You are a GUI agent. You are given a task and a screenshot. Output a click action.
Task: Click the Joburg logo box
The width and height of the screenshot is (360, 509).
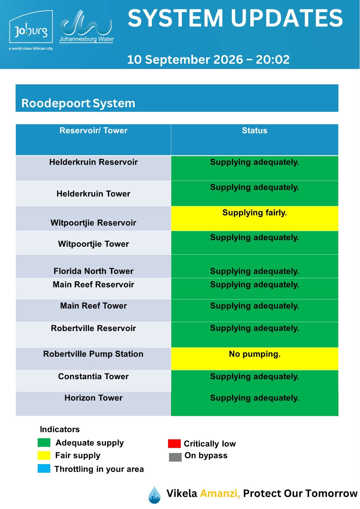[x=31, y=27]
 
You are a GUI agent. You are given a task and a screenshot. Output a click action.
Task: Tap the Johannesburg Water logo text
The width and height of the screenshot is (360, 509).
[x=86, y=39]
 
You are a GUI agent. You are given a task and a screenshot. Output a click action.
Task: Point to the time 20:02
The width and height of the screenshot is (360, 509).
[x=273, y=59]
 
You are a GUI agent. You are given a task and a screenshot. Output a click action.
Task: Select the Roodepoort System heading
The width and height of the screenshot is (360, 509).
[x=78, y=103]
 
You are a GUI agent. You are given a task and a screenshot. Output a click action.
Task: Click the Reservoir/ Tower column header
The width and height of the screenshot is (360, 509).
[x=94, y=130]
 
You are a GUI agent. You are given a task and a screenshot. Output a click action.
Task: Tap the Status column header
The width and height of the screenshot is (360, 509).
[x=254, y=130]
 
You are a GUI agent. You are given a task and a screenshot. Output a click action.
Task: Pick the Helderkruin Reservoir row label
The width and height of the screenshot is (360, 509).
[x=94, y=162]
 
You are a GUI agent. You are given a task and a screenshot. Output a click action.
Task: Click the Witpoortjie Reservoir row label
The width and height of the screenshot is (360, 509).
[x=94, y=223]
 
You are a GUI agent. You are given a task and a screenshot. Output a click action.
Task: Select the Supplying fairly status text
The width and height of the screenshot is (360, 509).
[x=254, y=213]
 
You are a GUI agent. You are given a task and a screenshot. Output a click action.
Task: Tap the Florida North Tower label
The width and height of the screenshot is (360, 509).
[x=94, y=271]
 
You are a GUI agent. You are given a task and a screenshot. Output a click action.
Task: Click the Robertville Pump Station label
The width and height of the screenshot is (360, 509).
[x=93, y=354]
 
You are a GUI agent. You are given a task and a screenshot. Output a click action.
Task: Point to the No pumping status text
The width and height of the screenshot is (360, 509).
[x=254, y=354]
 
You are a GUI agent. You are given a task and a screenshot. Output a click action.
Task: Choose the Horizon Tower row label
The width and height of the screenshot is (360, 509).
[x=94, y=398]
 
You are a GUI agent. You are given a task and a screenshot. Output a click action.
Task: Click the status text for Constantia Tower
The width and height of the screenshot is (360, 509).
[x=254, y=377]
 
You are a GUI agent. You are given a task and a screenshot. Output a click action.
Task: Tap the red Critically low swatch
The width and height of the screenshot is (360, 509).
[x=174, y=443]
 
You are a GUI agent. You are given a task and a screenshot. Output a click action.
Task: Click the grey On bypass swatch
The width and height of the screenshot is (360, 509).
[x=175, y=457]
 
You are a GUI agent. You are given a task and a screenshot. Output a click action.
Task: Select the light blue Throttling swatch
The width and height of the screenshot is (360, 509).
[x=44, y=468]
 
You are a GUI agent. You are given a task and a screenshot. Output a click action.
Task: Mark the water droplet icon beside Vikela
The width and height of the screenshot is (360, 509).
[x=154, y=495]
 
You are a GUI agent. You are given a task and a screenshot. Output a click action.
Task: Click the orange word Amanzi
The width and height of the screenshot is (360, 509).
[x=220, y=493]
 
